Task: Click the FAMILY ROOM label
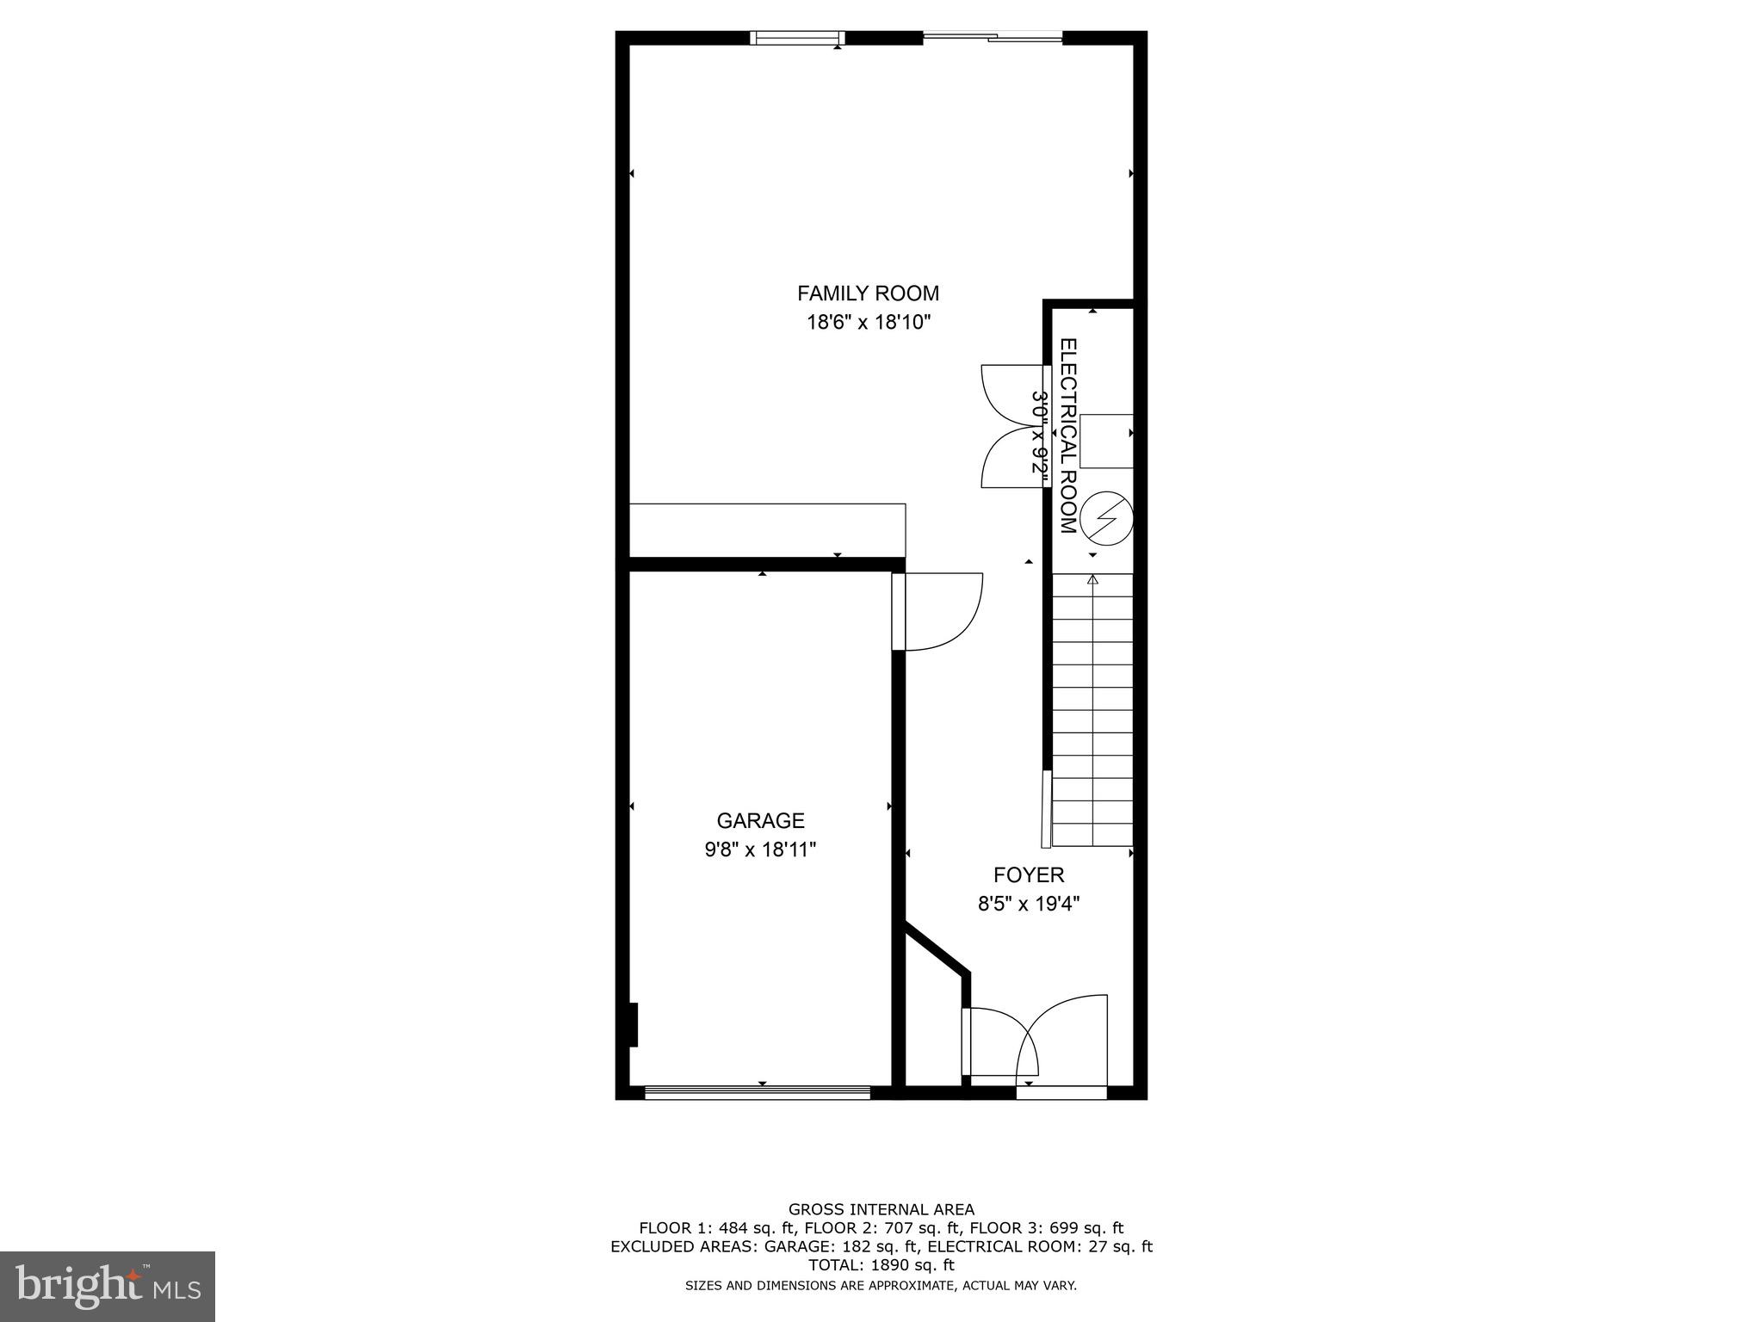[868, 293]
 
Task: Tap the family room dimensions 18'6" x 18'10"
[868, 323]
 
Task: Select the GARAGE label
[760, 820]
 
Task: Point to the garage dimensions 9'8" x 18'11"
[760, 849]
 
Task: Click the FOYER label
[1029, 875]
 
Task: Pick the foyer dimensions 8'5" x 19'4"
[1029, 904]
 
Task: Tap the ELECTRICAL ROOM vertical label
[1068, 436]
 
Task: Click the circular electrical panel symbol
[1106, 518]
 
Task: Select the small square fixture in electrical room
[1106, 441]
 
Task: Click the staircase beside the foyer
[1092, 710]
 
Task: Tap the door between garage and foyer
[936, 611]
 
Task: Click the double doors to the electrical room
[1014, 427]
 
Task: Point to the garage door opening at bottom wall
[758, 1093]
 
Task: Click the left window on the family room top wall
[796, 37]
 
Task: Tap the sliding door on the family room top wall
[993, 37]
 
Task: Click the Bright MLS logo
[108, 1287]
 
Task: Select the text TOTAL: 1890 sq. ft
[881, 1265]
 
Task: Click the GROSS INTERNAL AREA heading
[881, 1209]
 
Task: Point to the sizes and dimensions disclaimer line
[881, 1286]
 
